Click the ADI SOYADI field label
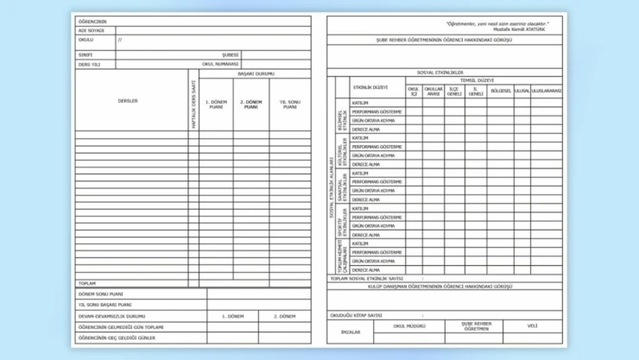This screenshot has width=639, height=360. click(91, 30)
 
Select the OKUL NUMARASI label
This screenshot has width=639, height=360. click(220, 63)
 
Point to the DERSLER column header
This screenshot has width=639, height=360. click(128, 101)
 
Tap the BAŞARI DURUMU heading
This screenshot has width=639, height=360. click(250, 74)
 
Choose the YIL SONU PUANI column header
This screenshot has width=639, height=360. click(288, 104)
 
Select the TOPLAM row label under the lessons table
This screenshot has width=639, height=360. click(87, 283)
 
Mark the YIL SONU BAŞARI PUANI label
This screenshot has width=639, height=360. click(105, 305)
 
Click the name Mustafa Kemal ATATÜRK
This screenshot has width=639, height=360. click(521, 28)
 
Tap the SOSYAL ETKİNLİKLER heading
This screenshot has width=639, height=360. click(440, 73)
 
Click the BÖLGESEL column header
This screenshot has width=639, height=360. click(500, 91)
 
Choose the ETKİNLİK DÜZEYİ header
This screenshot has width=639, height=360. click(370, 87)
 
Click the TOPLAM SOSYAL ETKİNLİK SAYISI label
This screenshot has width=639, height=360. click(367, 279)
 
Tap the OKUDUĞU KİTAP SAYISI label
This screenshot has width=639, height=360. click(356, 315)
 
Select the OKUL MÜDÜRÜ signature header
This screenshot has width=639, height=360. click(410, 326)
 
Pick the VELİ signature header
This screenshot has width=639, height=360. click(532, 326)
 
